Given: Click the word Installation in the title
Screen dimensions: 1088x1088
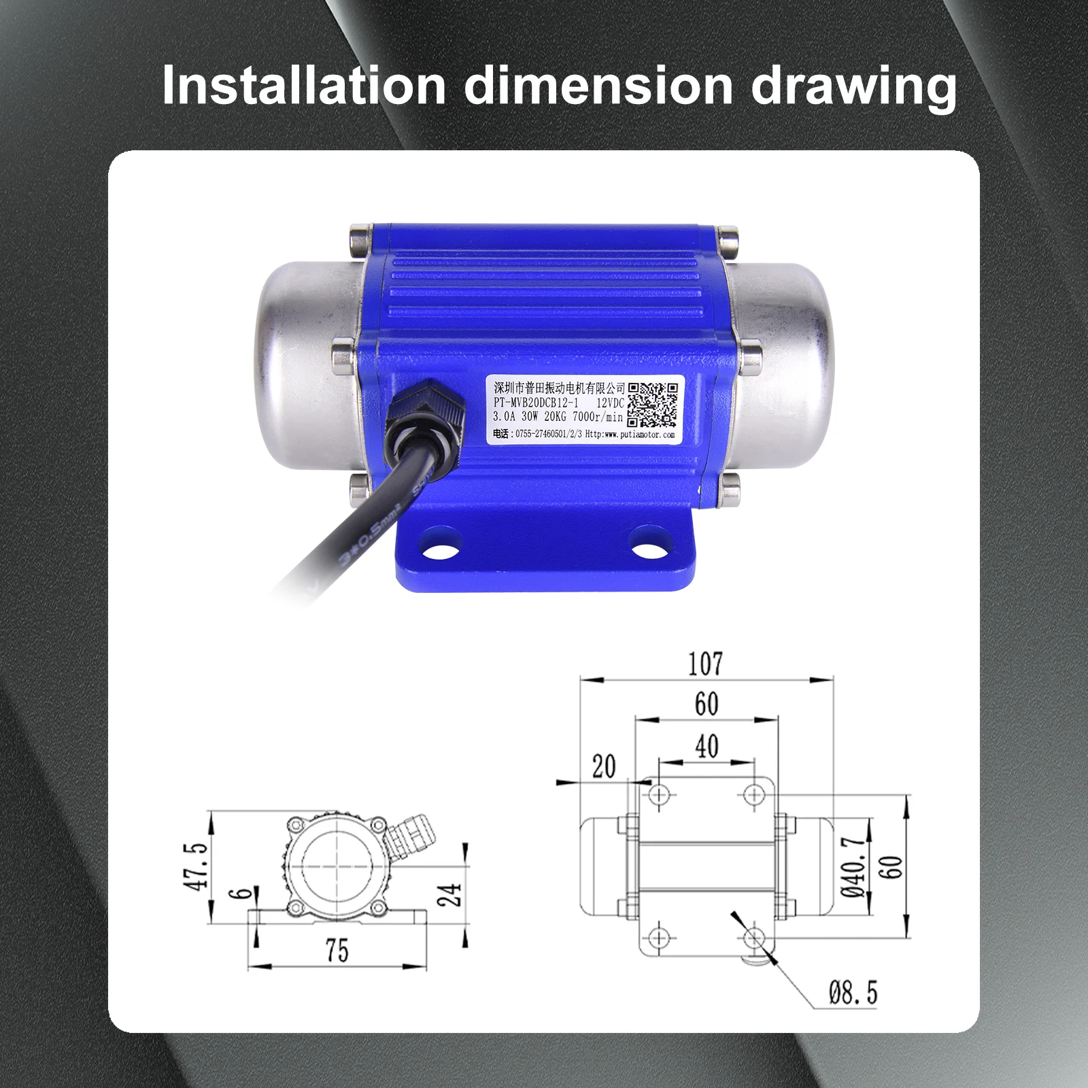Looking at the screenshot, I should (303, 86).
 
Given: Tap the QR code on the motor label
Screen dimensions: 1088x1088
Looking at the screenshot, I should (652, 404).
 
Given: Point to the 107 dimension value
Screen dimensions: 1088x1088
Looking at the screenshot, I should (705, 663).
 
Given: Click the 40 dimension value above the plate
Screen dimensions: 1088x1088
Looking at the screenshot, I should (707, 746).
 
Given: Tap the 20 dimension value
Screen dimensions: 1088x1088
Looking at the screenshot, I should (603, 766).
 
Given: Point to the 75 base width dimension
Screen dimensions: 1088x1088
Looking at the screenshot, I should (336, 950).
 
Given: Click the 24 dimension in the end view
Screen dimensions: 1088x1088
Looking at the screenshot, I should (449, 894).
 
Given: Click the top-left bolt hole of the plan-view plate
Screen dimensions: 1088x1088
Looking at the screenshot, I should (659, 794).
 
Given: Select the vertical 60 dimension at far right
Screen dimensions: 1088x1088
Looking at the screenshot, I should (891, 866).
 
